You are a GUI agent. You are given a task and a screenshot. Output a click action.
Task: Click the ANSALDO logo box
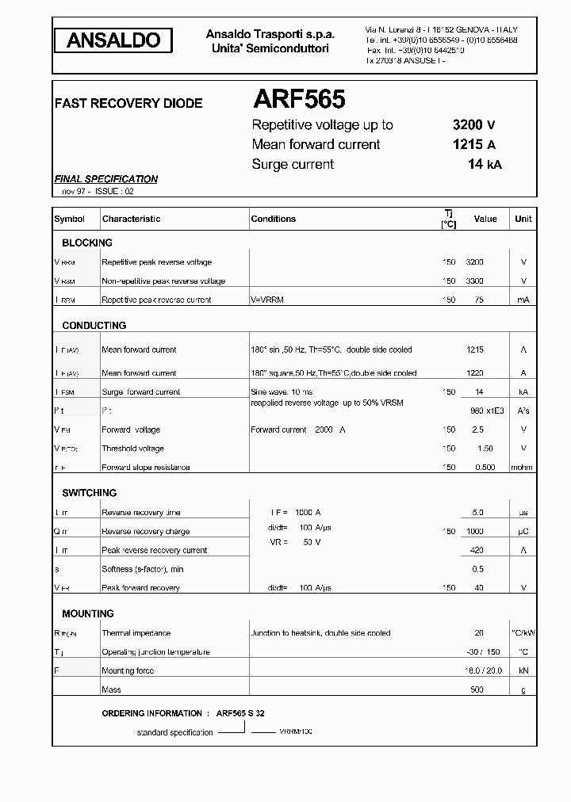113,40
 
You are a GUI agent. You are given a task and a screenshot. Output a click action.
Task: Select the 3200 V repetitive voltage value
473,124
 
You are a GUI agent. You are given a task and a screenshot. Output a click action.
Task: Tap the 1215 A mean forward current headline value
473,144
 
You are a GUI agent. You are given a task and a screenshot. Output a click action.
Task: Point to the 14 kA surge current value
485,164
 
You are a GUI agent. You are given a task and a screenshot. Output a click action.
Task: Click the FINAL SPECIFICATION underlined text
105,179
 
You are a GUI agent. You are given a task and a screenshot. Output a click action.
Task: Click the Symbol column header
69,219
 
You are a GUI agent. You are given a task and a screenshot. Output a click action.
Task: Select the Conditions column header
273,219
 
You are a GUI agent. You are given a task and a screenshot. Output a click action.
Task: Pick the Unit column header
523,219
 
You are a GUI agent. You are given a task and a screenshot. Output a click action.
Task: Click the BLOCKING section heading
87,243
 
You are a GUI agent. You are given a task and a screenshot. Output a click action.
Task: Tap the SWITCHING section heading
90,493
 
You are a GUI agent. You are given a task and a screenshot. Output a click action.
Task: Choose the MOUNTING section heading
88,613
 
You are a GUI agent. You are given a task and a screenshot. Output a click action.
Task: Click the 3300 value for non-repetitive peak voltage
474,281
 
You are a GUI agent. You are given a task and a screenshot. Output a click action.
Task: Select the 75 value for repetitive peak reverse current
478,300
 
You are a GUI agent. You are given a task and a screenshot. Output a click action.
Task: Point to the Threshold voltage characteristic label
132,449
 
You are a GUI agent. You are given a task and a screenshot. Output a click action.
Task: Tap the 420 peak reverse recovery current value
477,550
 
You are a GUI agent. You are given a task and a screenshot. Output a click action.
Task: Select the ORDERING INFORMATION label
152,713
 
